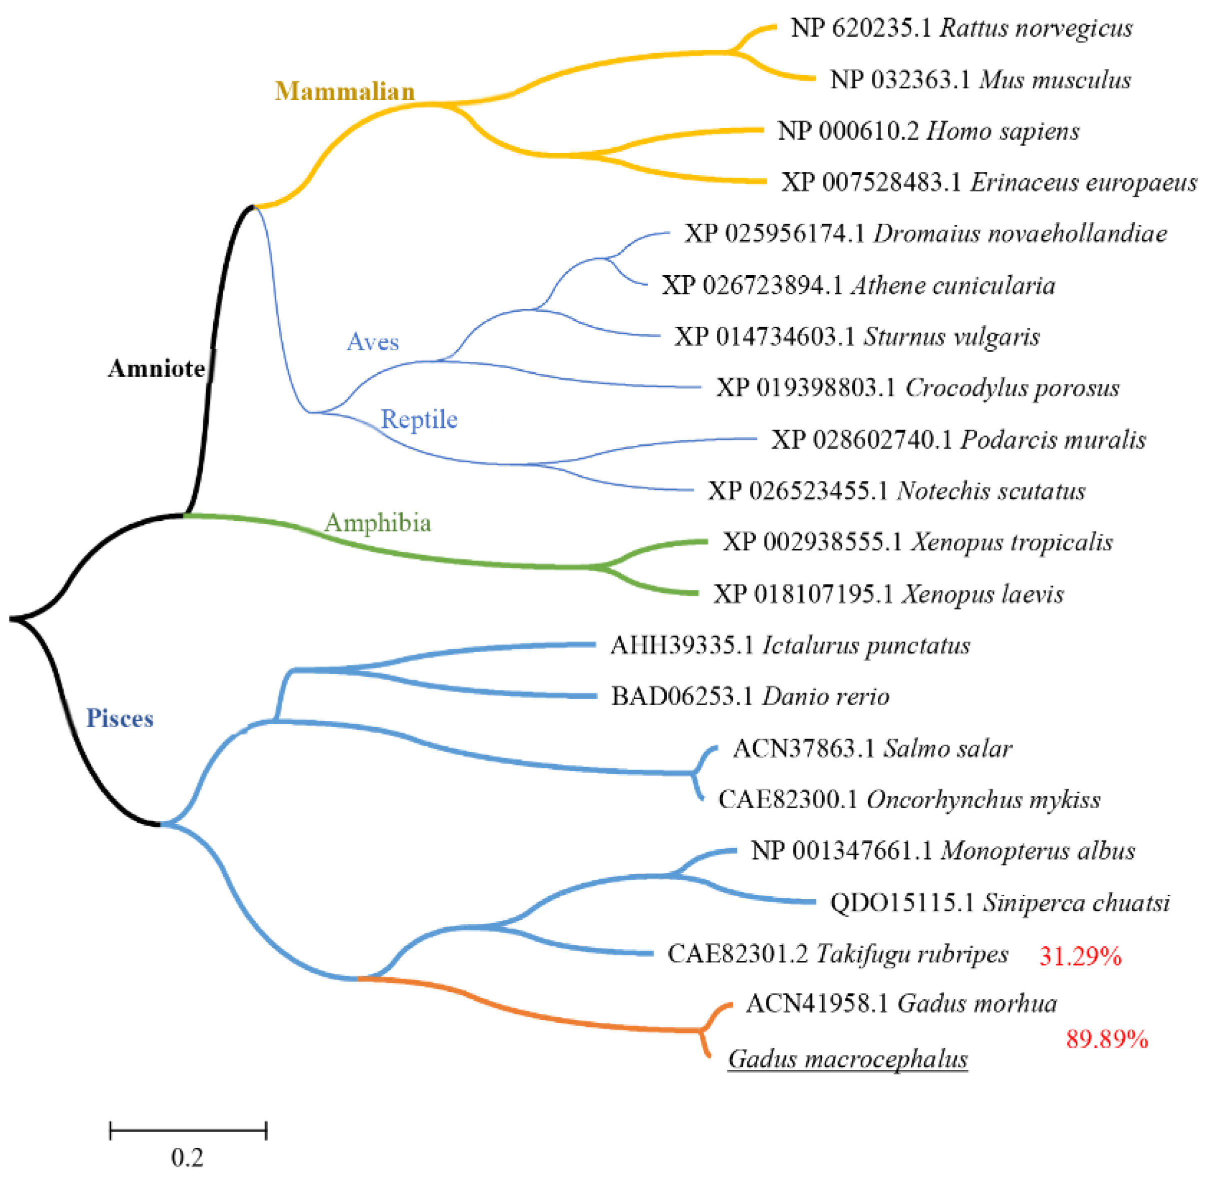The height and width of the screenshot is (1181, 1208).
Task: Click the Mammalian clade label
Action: pos(345,91)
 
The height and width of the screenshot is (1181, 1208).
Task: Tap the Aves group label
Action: pos(372,342)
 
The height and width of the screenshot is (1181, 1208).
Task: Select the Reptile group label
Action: pos(419,419)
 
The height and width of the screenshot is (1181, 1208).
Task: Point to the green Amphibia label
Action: pos(377,523)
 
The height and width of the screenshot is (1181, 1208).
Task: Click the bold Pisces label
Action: pos(119,718)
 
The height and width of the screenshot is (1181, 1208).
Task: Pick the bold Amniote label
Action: pos(156,368)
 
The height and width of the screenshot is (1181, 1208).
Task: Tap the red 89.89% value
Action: pos(1106,1039)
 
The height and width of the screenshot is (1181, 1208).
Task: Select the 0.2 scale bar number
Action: pos(187,1158)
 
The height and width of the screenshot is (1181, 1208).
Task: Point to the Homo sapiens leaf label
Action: pos(928,132)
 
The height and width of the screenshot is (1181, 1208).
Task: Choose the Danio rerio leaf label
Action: pos(750,697)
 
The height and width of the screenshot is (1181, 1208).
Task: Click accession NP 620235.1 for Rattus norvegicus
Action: pos(860,28)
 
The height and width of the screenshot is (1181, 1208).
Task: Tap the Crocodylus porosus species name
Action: pos(1012,388)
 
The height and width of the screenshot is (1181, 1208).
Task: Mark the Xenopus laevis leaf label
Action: pos(888,594)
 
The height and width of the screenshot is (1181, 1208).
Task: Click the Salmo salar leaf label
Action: pos(872,749)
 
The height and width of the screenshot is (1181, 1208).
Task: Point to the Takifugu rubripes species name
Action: pos(911,954)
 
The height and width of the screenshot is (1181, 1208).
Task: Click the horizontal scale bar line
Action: pos(188,1130)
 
